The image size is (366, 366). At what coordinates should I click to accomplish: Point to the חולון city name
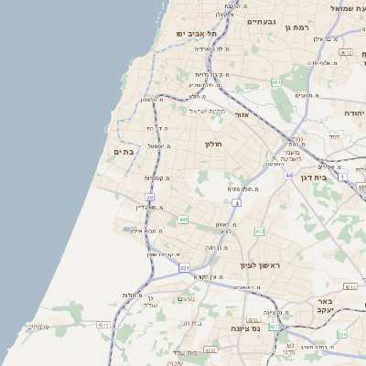point(213,144)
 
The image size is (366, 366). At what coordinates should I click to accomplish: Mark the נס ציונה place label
point(247,328)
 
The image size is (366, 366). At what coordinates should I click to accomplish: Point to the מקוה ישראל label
point(207,111)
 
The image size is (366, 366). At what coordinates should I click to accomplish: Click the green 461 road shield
point(275,82)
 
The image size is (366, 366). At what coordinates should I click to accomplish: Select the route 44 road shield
point(288,176)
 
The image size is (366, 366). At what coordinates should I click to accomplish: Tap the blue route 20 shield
point(150,197)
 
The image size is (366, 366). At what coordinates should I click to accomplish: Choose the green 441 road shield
point(183,220)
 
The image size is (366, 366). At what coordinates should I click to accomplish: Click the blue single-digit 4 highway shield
point(236,203)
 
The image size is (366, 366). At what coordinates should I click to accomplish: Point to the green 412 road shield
point(260,231)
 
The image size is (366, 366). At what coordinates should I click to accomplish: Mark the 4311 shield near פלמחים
point(102,325)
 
